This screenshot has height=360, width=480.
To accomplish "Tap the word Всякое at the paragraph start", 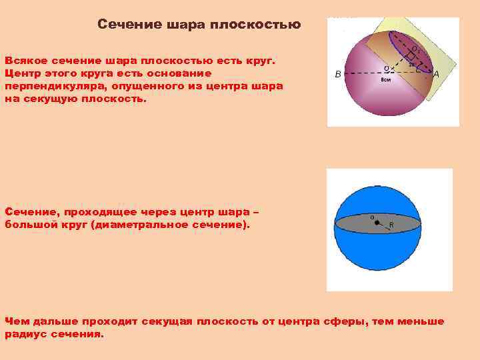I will coord(25,61).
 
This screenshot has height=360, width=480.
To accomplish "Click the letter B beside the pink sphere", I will coord(338,75).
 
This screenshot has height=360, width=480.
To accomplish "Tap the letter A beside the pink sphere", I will coord(435,74).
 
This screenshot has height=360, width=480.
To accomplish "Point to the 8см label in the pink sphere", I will coord(385,80).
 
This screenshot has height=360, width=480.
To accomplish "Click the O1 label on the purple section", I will coord(415,49).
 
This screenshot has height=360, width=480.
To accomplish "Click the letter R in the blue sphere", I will coord(391,225).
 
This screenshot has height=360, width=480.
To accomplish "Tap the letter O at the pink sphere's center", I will coord(387,67).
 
